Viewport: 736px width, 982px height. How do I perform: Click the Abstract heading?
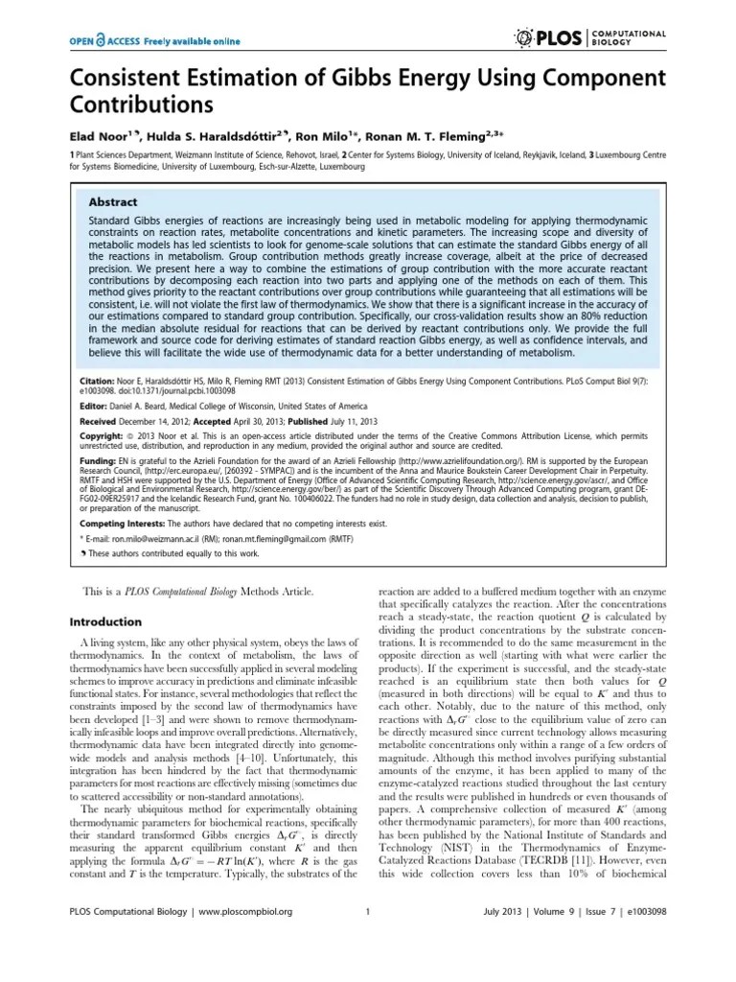click(113, 202)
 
